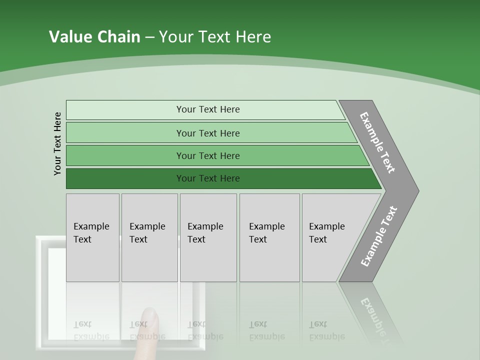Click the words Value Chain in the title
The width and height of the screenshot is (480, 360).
(x=94, y=37)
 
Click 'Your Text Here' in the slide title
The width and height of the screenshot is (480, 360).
(x=215, y=37)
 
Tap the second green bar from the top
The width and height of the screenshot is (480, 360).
(x=125, y=133)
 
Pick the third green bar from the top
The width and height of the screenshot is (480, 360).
(x=125, y=156)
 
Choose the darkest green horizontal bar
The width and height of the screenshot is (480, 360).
(x=125, y=178)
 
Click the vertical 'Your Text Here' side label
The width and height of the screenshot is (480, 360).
(x=57, y=143)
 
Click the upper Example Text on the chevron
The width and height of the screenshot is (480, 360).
(x=377, y=142)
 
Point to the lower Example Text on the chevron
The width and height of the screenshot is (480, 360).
(x=378, y=236)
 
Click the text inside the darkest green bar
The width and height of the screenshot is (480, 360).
(x=208, y=178)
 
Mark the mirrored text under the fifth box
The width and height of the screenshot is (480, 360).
(x=326, y=330)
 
